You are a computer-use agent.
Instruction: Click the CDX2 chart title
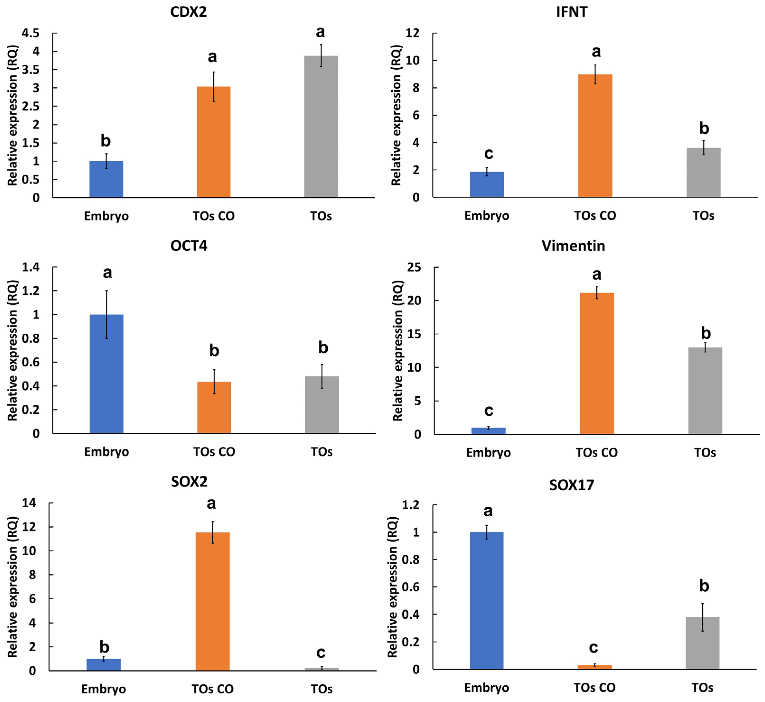click(x=189, y=12)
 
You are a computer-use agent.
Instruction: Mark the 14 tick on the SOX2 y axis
click(x=29, y=503)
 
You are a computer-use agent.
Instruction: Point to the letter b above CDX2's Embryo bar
click(x=106, y=141)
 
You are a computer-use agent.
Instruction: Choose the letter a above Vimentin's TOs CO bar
click(x=597, y=274)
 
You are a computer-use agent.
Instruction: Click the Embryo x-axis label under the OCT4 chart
click(x=106, y=452)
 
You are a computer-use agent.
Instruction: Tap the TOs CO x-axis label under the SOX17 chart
click(x=594, y=688)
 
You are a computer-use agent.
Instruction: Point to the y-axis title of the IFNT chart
click(x=397, y=115)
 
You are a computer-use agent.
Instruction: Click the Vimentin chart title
click(x=573, y=246)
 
